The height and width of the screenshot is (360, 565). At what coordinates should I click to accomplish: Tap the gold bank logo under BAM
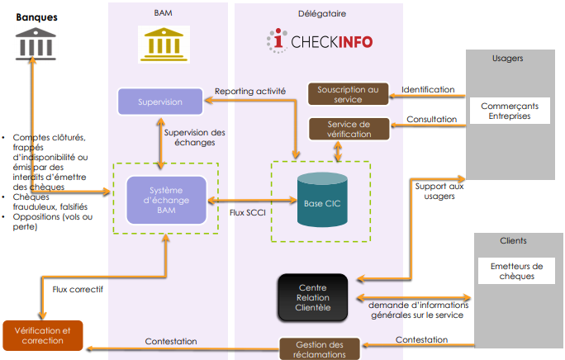163,44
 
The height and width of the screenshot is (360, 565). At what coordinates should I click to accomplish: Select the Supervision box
161,102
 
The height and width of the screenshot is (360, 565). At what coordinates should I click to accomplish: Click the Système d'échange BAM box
166,199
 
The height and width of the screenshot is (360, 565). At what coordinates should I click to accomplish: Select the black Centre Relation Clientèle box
313,298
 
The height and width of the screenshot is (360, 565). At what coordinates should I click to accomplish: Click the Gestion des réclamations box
319,348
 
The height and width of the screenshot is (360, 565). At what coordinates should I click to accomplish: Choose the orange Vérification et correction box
42,334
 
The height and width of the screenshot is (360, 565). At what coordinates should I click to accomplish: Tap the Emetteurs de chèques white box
515,271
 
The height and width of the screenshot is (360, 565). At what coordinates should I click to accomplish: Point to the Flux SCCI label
249,212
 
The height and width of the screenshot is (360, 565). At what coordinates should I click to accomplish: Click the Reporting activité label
249,91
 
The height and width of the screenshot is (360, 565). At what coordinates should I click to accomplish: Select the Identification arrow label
427,89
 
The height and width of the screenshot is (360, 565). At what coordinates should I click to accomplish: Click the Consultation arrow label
430,119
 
